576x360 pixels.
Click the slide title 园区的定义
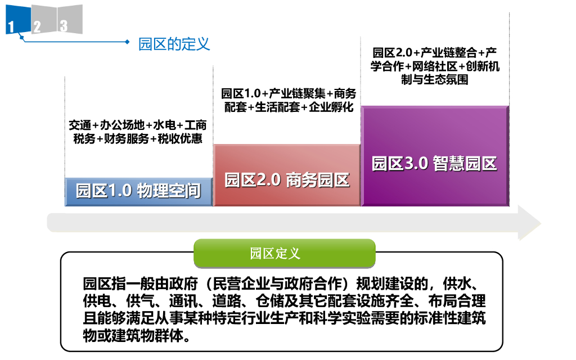(x=174, y=44)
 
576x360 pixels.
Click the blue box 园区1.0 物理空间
(x=138, y=191)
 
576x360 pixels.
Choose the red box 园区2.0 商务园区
(x=287, y=179)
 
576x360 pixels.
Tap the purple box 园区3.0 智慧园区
(x=434, y=164)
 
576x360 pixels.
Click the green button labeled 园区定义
(x=284, y=253)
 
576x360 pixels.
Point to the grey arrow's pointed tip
(x=539, y=223)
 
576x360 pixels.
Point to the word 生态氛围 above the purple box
(x=450, y=80)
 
